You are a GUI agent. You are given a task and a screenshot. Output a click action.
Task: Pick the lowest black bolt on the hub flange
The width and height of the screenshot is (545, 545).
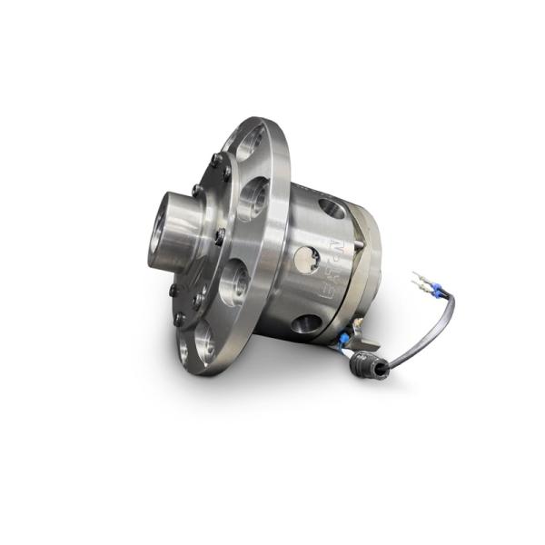coord(179,319)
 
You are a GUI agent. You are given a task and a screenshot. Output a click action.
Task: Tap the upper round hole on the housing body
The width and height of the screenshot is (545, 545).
coord(333,208)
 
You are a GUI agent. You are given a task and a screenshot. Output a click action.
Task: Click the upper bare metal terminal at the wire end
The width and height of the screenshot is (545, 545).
coord(419,274)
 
